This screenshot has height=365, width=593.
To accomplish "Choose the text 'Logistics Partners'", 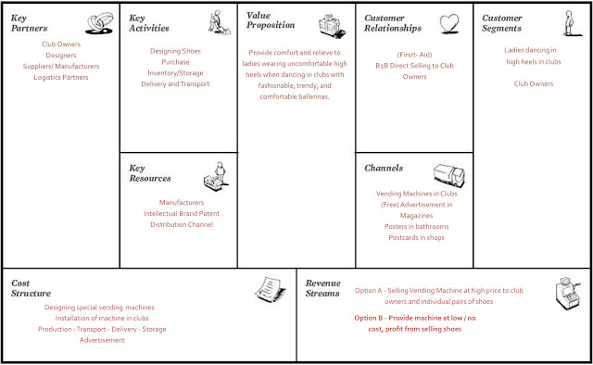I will pyautogui.click(x=60, y=78).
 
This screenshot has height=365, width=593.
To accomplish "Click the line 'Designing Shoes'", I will pyautogui.click(x=175, y=50).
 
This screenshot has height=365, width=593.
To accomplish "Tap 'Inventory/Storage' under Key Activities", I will pyautogui.click(x=175, y=72).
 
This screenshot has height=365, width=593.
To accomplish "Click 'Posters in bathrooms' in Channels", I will pyautogui.click(x=416, y=226).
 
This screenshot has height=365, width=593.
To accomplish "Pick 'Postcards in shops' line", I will pyautogui.click(x=416, y=237).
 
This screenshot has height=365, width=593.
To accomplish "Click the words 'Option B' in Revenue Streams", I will pyautogui.click(x=374, y=317).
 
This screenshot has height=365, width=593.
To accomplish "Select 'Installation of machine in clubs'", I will pyautogui.click(x=98, y=318).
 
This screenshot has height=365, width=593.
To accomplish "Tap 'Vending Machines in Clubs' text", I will pyautogui.click(x=416, y=194).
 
